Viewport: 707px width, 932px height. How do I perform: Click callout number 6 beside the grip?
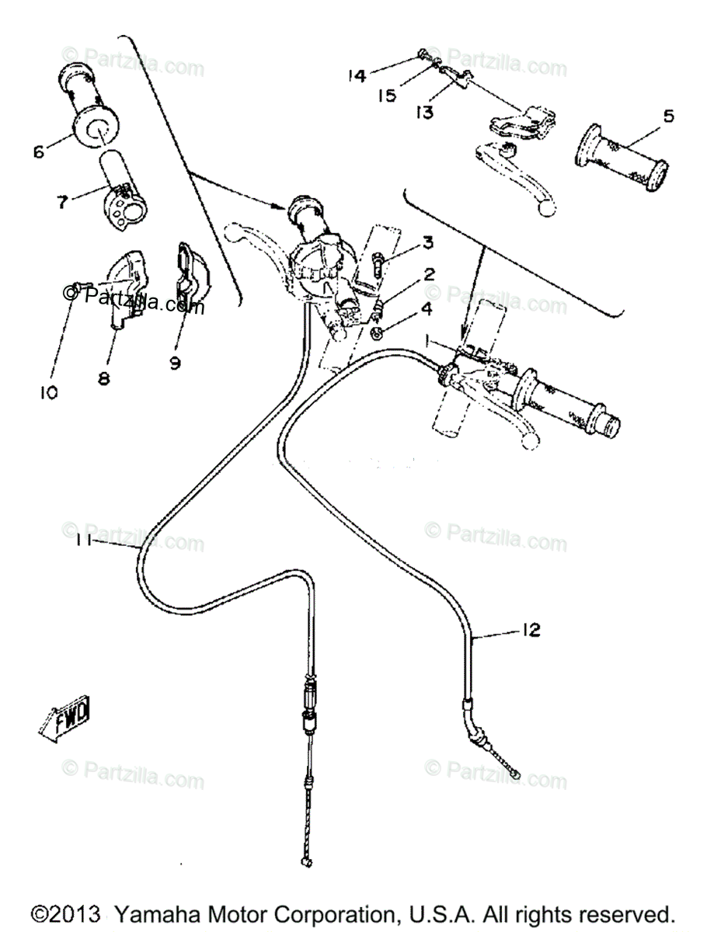coord(38,151)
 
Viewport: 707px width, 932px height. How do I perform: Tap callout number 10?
coord(48,392)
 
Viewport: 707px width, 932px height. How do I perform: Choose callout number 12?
coord(530,630)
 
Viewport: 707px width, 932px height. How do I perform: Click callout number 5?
coord(667,116)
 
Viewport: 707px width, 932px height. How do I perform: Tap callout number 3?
coord(427,243)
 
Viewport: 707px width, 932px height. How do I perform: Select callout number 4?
coord(427,308)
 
